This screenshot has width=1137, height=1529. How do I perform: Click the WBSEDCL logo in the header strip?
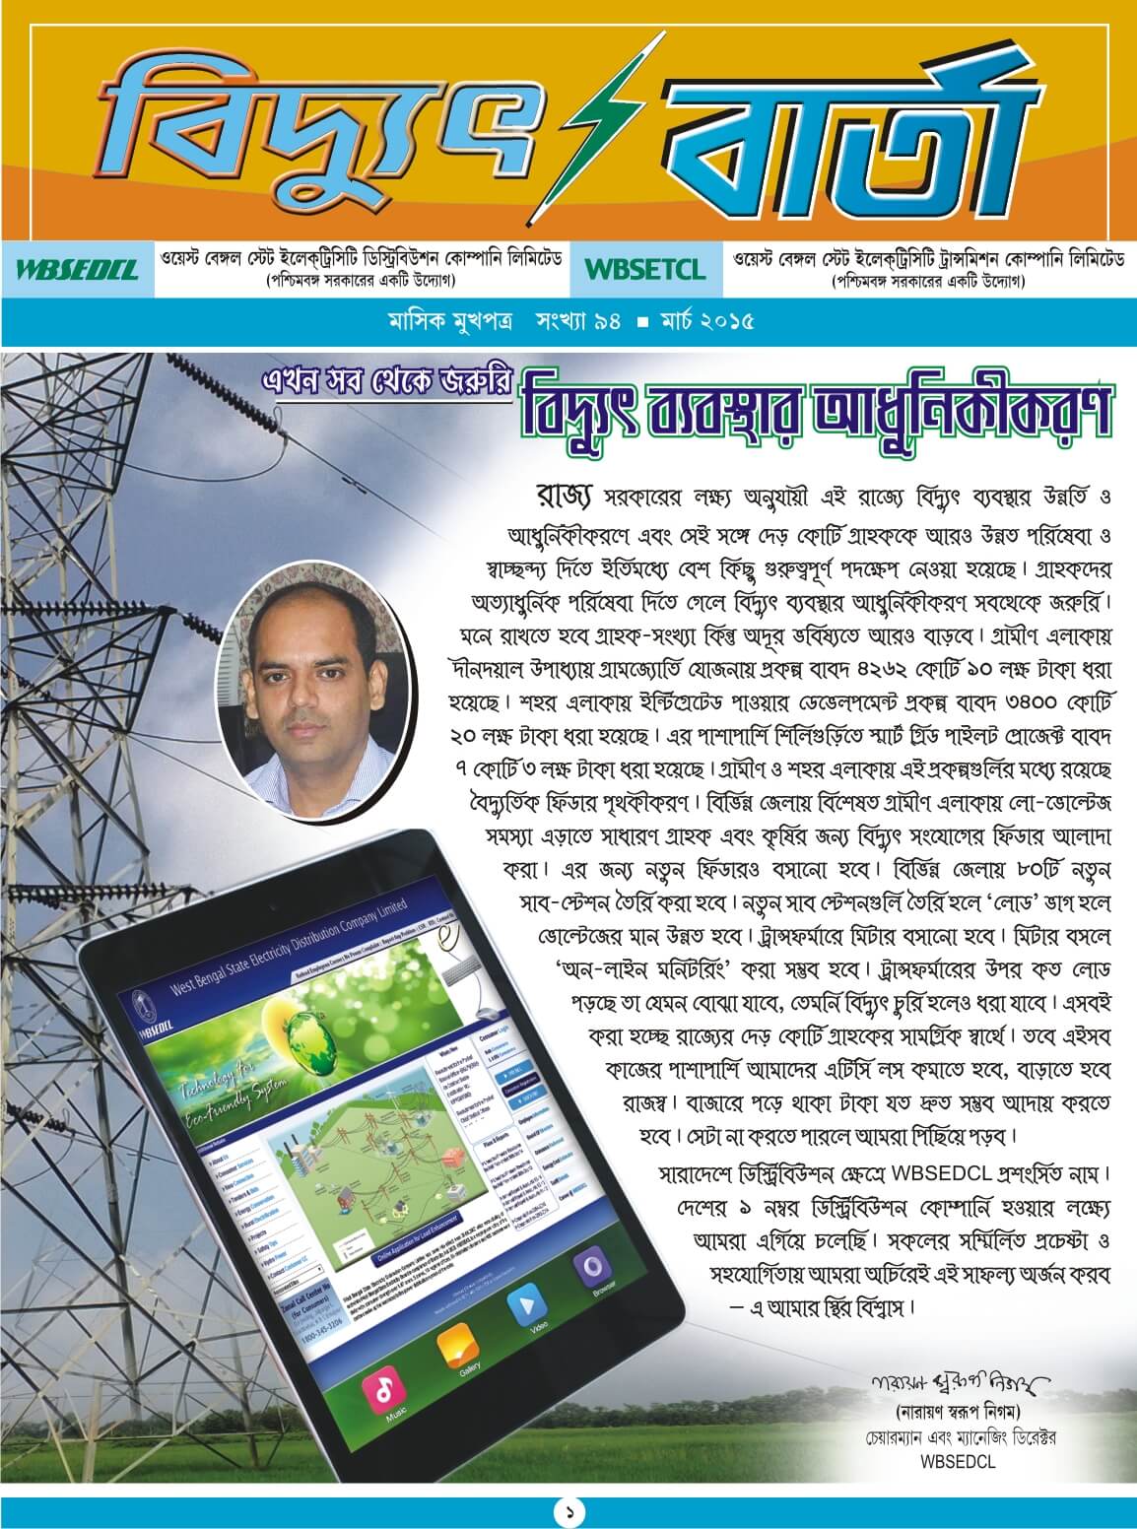pyautogui.click(x=77, y=269)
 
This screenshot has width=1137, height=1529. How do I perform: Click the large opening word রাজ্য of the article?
pyautogui.click(x=564, y=493)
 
